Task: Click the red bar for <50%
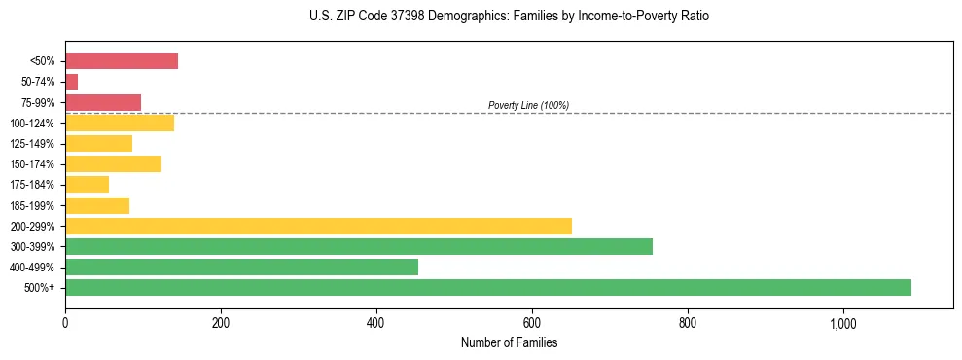point(122,61)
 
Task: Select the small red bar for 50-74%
point(71,82)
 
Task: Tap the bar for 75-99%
point(103,102)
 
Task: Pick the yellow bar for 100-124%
point(120,123)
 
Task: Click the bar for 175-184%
point(87,185)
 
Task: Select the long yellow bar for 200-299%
point(318,226)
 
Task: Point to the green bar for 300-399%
point(359,246)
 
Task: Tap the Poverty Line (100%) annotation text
point(528,105)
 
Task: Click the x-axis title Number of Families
point(509,342)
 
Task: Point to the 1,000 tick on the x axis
point(842,322)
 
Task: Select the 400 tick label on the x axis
point(376,322)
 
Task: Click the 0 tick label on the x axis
point(65,322)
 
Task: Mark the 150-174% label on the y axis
point(32,164)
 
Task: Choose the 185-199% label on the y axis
point(32,205)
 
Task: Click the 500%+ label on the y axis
point(40,288)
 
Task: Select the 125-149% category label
point(32,144)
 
